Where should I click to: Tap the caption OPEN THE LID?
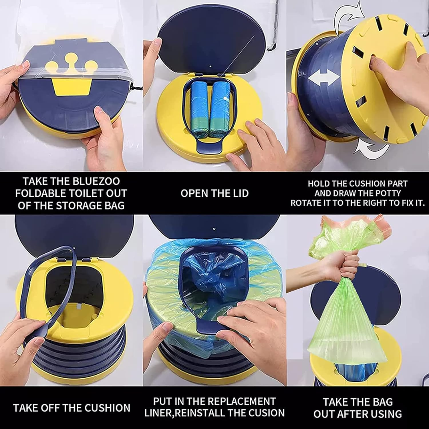tap(214, 193)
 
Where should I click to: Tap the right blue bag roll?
tap(220, 109)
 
